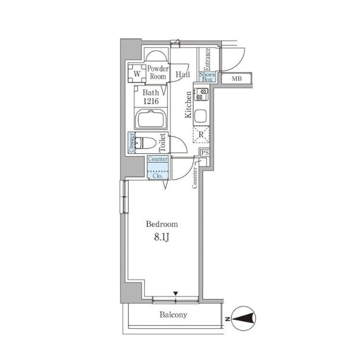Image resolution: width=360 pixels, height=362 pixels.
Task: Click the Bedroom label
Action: tap(162, 224)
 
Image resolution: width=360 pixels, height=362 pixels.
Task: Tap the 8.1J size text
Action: tap(161, 237)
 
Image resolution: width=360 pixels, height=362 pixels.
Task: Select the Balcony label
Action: tap(173, 315)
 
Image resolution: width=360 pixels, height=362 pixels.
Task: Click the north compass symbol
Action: tap(243, 319)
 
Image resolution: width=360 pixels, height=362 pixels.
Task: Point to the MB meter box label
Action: tap(236, 79)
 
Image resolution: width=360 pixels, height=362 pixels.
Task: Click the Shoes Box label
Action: tap(207, 77)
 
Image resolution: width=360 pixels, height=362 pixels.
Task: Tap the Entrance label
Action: tap(207, 59)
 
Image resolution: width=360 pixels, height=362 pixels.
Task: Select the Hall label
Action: tap(183, 75)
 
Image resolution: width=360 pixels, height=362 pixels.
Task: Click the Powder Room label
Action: tap(158, 73)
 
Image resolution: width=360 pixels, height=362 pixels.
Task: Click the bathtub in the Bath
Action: tap(151, 119)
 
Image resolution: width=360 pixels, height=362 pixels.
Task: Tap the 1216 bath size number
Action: tap(151, 101)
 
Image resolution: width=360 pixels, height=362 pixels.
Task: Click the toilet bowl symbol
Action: tap(145, 143)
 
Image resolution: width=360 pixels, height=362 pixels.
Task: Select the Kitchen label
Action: tap(189, 105)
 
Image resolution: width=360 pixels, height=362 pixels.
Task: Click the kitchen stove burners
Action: tap(202, 94)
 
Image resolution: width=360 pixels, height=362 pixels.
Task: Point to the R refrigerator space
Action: tap(201, 134)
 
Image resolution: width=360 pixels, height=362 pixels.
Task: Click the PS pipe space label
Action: tap(205, 153)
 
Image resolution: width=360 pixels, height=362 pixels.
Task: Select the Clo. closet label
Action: tap(158, 176)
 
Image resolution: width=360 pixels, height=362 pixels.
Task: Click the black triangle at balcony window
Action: tap(176, 293)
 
